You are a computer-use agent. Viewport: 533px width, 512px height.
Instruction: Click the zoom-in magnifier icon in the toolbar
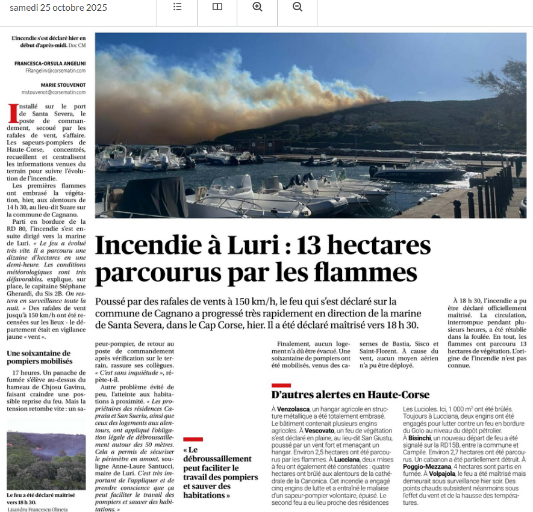click(257, 7)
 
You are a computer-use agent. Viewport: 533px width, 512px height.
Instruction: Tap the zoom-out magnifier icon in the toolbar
click(298, 7)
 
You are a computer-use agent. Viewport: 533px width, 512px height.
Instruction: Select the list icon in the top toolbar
click(177, 7)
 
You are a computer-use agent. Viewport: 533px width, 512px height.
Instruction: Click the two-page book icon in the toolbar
click(217, 7)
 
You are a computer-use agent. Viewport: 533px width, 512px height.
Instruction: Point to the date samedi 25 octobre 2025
click(58, 7)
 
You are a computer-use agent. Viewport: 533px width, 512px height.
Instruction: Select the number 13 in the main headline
click(313, 245)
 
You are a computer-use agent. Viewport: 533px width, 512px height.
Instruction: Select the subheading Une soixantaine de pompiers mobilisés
click(39, 357)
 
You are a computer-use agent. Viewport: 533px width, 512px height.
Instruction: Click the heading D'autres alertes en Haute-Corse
click(351, 395)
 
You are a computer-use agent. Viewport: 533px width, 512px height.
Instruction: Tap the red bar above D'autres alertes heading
click(281, 385)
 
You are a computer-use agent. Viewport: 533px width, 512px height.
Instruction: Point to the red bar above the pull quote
click(193, 439)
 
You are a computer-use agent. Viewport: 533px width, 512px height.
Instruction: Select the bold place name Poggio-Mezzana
click(428, 467)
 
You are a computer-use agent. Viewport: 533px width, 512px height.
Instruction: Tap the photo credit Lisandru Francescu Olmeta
click(37, 509)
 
